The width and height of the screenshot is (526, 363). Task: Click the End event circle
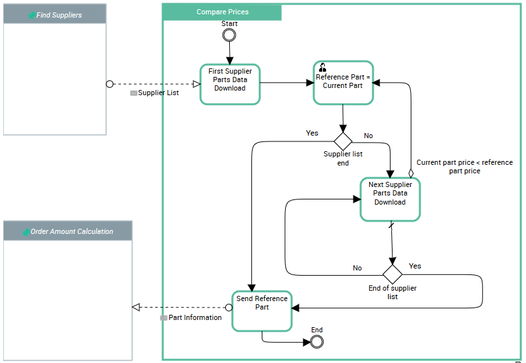(317, 341)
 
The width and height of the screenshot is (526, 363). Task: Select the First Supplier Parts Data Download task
(230, 84)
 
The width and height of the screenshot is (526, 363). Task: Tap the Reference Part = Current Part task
(343, 83)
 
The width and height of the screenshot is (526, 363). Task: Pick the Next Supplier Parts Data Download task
(390, 198)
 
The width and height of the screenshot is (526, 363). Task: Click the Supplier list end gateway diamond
(343, 140)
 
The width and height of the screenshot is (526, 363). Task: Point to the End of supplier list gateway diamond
(393, 274)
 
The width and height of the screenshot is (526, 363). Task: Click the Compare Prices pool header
(223, 12)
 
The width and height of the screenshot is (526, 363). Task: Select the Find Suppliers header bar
(55, 14)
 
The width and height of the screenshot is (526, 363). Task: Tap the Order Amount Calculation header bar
(68, 231)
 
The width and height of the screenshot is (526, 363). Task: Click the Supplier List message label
(158, 93)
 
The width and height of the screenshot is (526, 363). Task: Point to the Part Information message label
(195, 318)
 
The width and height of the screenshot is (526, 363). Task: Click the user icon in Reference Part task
(322, 67)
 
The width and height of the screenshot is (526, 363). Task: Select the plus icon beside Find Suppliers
(32, 15)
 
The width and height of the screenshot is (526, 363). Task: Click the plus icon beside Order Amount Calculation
(25, 232)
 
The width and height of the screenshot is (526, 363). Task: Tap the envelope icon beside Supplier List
(133, 93)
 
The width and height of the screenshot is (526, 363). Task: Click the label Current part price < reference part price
(464, 167)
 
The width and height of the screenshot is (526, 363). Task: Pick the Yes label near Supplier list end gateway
(312, 133)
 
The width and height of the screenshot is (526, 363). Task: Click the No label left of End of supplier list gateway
(357, 268)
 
